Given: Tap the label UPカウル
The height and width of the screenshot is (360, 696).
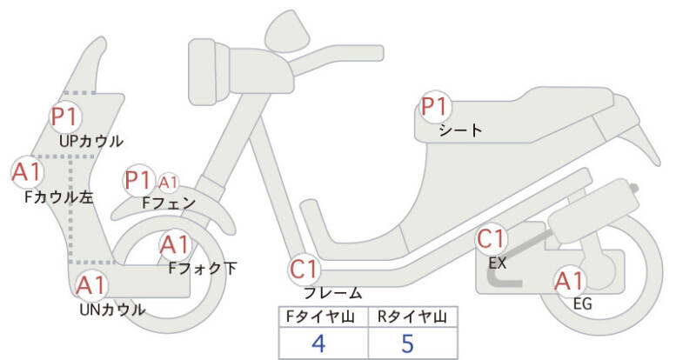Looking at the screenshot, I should pyautogui.click(x=91, y=141).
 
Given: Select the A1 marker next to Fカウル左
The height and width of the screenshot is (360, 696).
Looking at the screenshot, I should pyautogui.click(x=26, y=171).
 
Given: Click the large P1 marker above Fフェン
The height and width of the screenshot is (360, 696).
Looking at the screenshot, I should pyautogui.click(x=139, y=180).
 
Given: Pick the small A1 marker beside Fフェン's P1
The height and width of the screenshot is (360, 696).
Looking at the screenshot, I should pyautogui.click(x=169, y=183).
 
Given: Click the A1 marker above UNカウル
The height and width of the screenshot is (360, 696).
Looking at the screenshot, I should pyautogui.click(x=91, y=284).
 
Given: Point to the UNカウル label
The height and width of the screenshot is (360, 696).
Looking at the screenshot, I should pyautogui.click(x=113, y=309).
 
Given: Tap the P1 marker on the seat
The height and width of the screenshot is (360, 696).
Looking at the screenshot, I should pyautogui.click(x=434, y=108).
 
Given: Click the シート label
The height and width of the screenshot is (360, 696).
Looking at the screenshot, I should pyautogui.click(x=461, y=130).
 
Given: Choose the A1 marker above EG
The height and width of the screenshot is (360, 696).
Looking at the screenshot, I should pyautogui.click(x=569, y=282).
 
